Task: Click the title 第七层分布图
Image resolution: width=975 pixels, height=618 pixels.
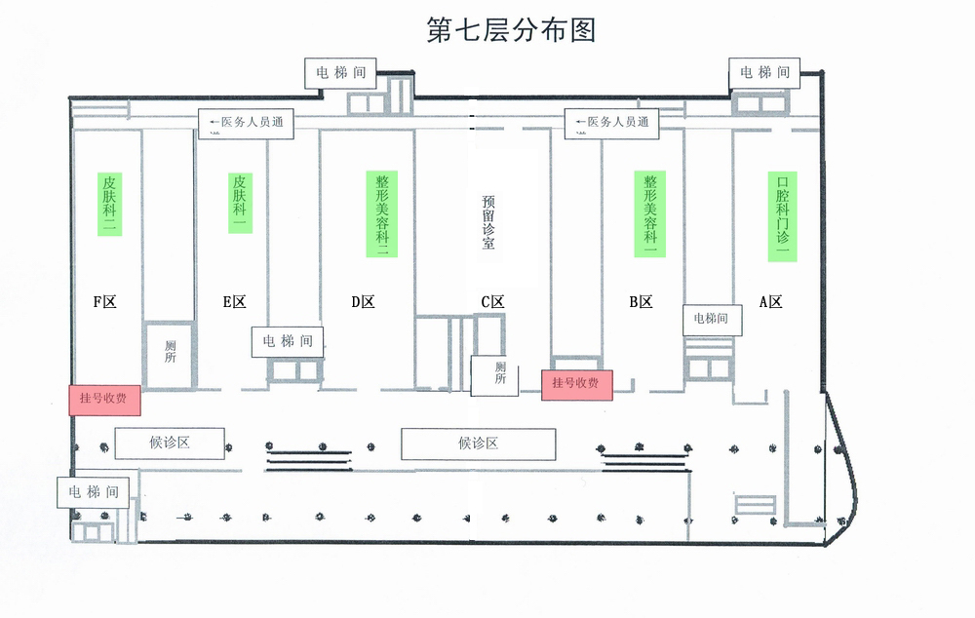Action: [511, 30]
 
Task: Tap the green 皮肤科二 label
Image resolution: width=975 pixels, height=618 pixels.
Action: [109, 205]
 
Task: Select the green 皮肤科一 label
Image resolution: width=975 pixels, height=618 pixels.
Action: [239, 202]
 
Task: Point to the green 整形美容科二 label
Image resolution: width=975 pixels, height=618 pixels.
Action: [382, 214]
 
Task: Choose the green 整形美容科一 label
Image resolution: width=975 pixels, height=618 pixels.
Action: [650, 214]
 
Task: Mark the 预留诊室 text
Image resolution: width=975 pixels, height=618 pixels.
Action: [488, 222]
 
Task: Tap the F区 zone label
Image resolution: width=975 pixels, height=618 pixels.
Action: [104, 302]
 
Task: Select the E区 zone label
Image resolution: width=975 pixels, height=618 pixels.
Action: [234, 302]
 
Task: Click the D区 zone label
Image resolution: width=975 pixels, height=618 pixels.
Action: [363, 302]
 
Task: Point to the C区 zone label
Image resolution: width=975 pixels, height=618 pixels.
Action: [492, 302]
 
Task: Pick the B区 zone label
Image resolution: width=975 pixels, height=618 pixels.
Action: [640, 302]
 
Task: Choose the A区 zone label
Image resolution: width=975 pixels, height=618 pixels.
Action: [771, 302]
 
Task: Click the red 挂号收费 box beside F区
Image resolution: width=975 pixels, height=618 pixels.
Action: [104, 400]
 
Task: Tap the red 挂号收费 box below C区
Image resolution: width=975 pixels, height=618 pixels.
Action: [576, 384]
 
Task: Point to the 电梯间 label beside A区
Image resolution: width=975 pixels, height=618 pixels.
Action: [710, 318]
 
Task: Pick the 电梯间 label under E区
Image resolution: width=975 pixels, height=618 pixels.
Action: [287, 341]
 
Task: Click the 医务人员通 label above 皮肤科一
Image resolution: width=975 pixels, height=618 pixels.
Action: [246, 123]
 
